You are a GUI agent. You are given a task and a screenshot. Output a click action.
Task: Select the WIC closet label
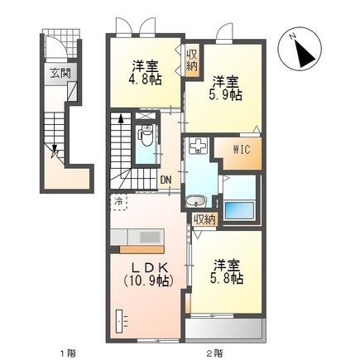click(x=242, y=151)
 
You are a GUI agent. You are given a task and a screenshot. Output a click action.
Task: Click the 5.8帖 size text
click(x=226, y=279)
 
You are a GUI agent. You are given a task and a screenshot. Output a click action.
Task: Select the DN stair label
click(x=166, y=180)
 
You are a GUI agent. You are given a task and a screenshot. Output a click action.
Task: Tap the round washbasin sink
click(x=197, y=200)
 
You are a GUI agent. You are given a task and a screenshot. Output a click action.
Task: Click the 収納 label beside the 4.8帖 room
click(x=191, y=60)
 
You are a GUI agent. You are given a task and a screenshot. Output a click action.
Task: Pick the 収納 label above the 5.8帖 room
click(x=204, y=219)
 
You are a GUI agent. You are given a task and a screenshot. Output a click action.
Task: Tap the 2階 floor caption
click(x=214, y=353)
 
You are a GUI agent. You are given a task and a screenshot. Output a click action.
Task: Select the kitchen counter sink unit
click(x=144, y=238)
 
